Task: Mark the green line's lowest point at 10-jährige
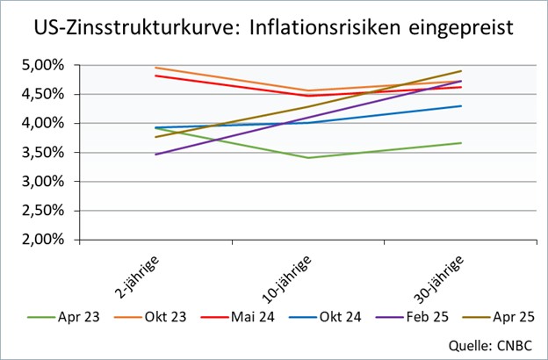coord(307,158)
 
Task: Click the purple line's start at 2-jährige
coord(155,155)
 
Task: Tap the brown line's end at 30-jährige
coord(461,71)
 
